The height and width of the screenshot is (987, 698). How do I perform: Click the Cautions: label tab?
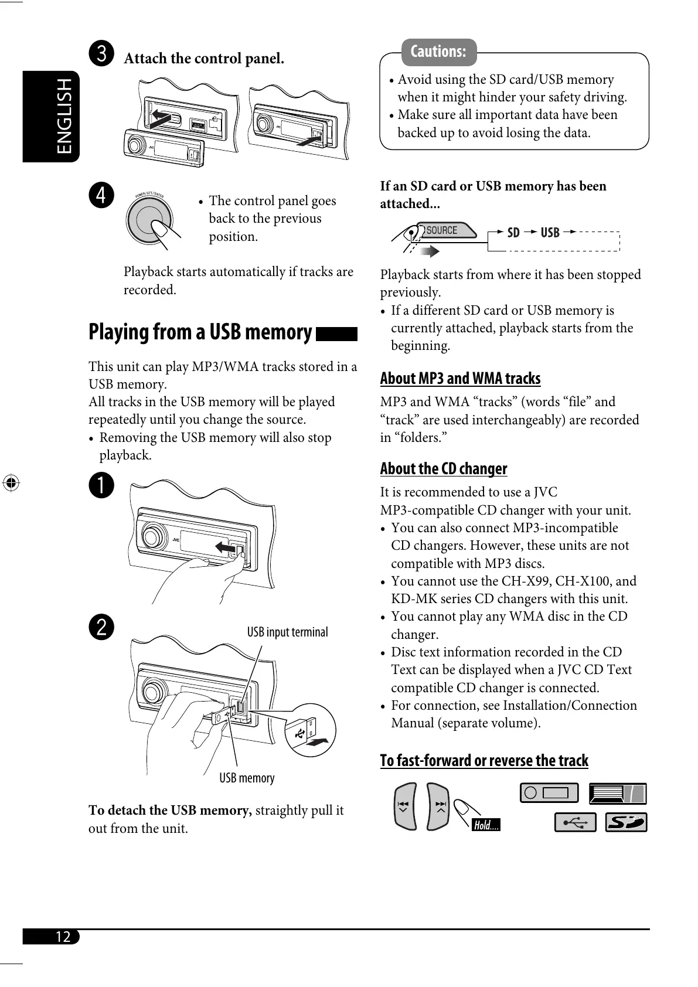(438, 52)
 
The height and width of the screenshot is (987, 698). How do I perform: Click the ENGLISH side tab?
(51, 116)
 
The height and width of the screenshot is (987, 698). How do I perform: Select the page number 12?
(63, 936)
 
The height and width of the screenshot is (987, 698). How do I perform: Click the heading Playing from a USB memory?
(200, 332)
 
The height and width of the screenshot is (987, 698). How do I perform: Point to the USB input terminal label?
(287, 632)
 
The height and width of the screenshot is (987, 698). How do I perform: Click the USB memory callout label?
(247, 778)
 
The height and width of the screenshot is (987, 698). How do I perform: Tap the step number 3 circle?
(101, 53)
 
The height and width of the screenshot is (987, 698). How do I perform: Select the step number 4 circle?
(101, 195)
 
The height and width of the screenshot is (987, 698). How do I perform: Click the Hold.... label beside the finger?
(486, 825)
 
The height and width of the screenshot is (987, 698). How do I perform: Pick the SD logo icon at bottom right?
(626, 822)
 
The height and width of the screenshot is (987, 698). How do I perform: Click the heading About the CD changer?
(443, 469)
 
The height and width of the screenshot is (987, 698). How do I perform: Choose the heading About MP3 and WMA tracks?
(460, 379)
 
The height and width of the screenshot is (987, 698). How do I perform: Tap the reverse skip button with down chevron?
(404, 806)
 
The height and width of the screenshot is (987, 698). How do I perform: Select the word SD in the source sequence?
(513, 233)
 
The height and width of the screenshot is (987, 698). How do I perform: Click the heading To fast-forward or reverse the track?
(484, 761)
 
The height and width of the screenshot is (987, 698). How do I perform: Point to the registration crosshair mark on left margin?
(11, 484)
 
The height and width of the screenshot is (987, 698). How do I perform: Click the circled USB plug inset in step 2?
(310, 730)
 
